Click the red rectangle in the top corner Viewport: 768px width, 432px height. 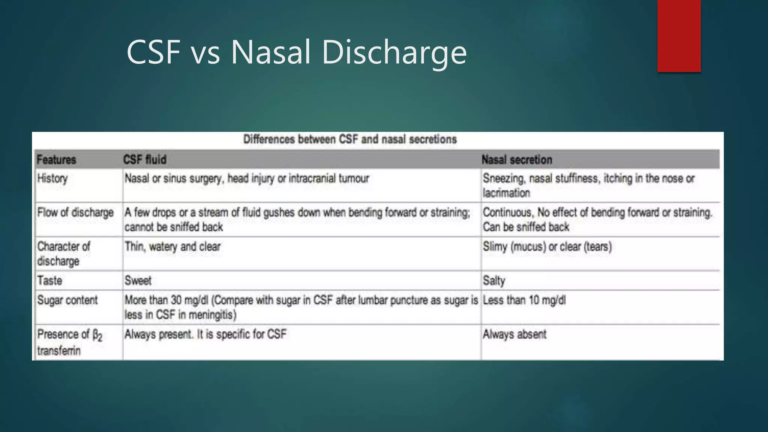(x=679, y=36)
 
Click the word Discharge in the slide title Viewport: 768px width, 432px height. (x=394, y=52)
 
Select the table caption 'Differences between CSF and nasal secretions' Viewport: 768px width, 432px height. (x=350, y=139)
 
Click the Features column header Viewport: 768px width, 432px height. (x=57, y=160)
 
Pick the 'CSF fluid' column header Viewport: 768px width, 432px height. (x=145, y=160)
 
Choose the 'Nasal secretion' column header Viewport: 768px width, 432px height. (x=517, y=160)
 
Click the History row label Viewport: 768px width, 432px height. (x=52, y=178)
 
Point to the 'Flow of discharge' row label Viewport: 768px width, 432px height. (x=75, y=213)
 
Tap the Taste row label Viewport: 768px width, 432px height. (x=50, y=280)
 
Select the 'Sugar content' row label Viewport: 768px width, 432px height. (x=67, y=300)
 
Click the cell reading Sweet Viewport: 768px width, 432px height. (x=138, y=280)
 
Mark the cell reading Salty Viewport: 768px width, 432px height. (x=494, y=280)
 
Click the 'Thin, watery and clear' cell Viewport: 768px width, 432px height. (x=172, y=247)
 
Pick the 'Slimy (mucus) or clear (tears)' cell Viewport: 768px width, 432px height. (x=547, y=247)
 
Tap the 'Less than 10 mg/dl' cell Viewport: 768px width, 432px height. (x=524, y=300)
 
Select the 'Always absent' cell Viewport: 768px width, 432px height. (x=514, y=334)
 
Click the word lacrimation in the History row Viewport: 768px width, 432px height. (x=506, y=193)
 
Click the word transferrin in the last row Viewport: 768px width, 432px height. (x=59, y=351)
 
